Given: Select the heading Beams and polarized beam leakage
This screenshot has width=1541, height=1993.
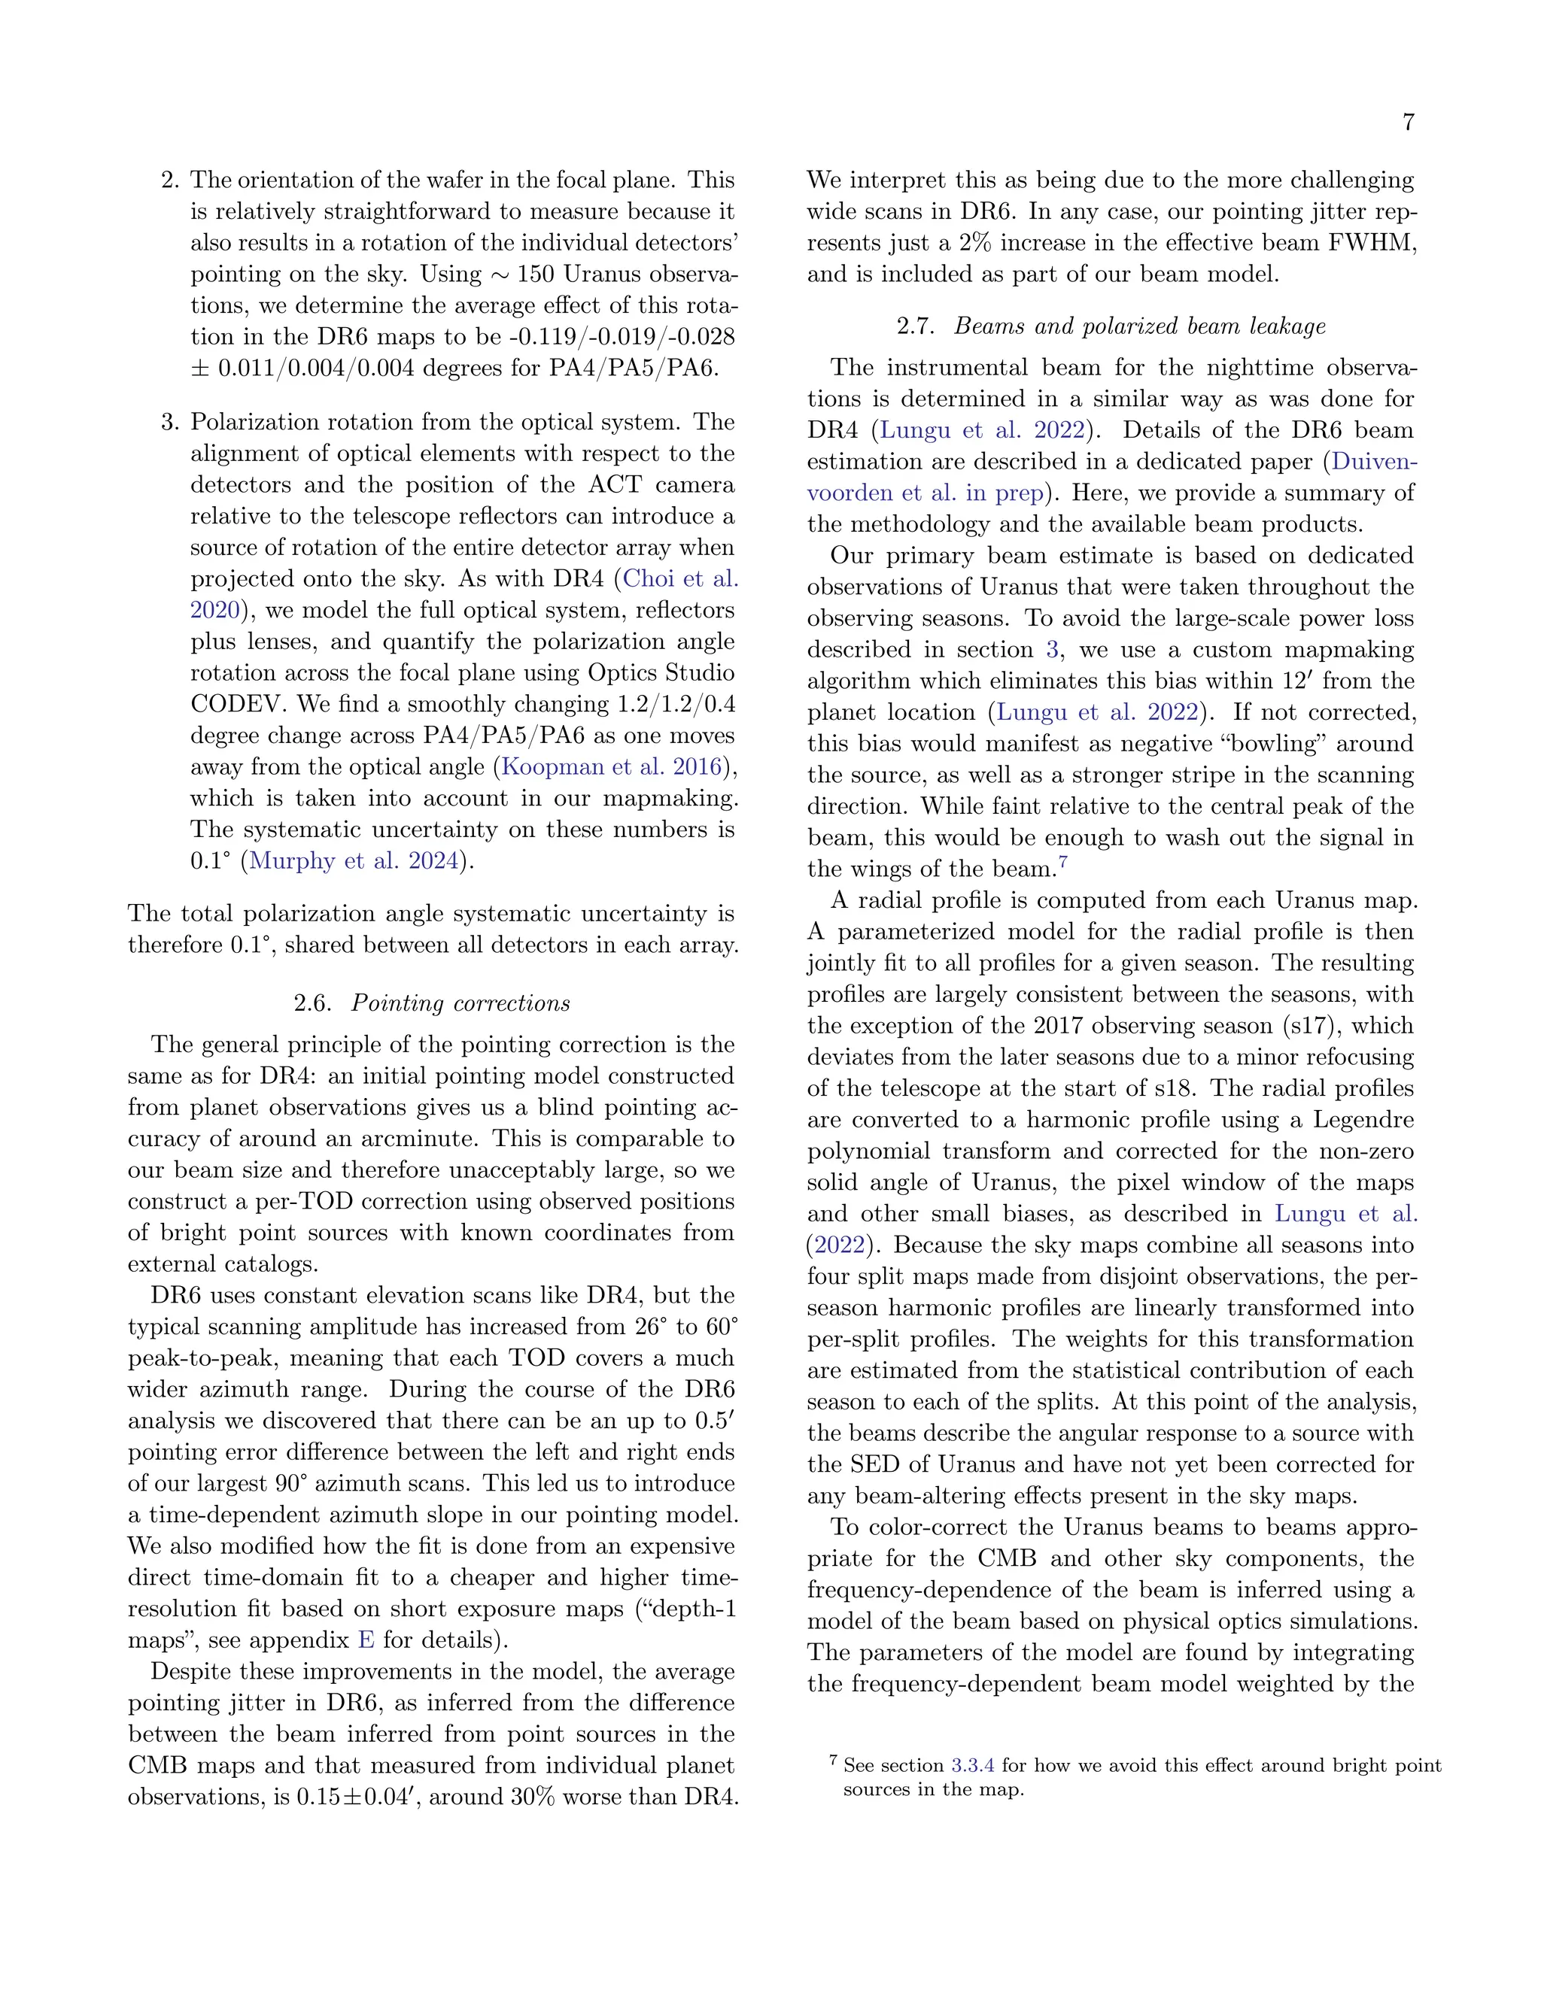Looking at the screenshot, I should click(1139, 326).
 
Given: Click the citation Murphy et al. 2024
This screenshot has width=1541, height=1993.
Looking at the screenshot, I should click(354, 860).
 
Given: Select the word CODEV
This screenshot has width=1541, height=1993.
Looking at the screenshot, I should click(236, 705).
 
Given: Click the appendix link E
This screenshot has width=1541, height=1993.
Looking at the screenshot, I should click(366, 1640).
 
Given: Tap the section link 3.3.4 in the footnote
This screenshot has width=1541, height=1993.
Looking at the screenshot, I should click(972, 1766).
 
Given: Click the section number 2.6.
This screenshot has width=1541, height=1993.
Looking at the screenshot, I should click(313, 1003).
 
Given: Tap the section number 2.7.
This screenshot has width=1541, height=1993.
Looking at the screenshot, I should click(916, 326).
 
